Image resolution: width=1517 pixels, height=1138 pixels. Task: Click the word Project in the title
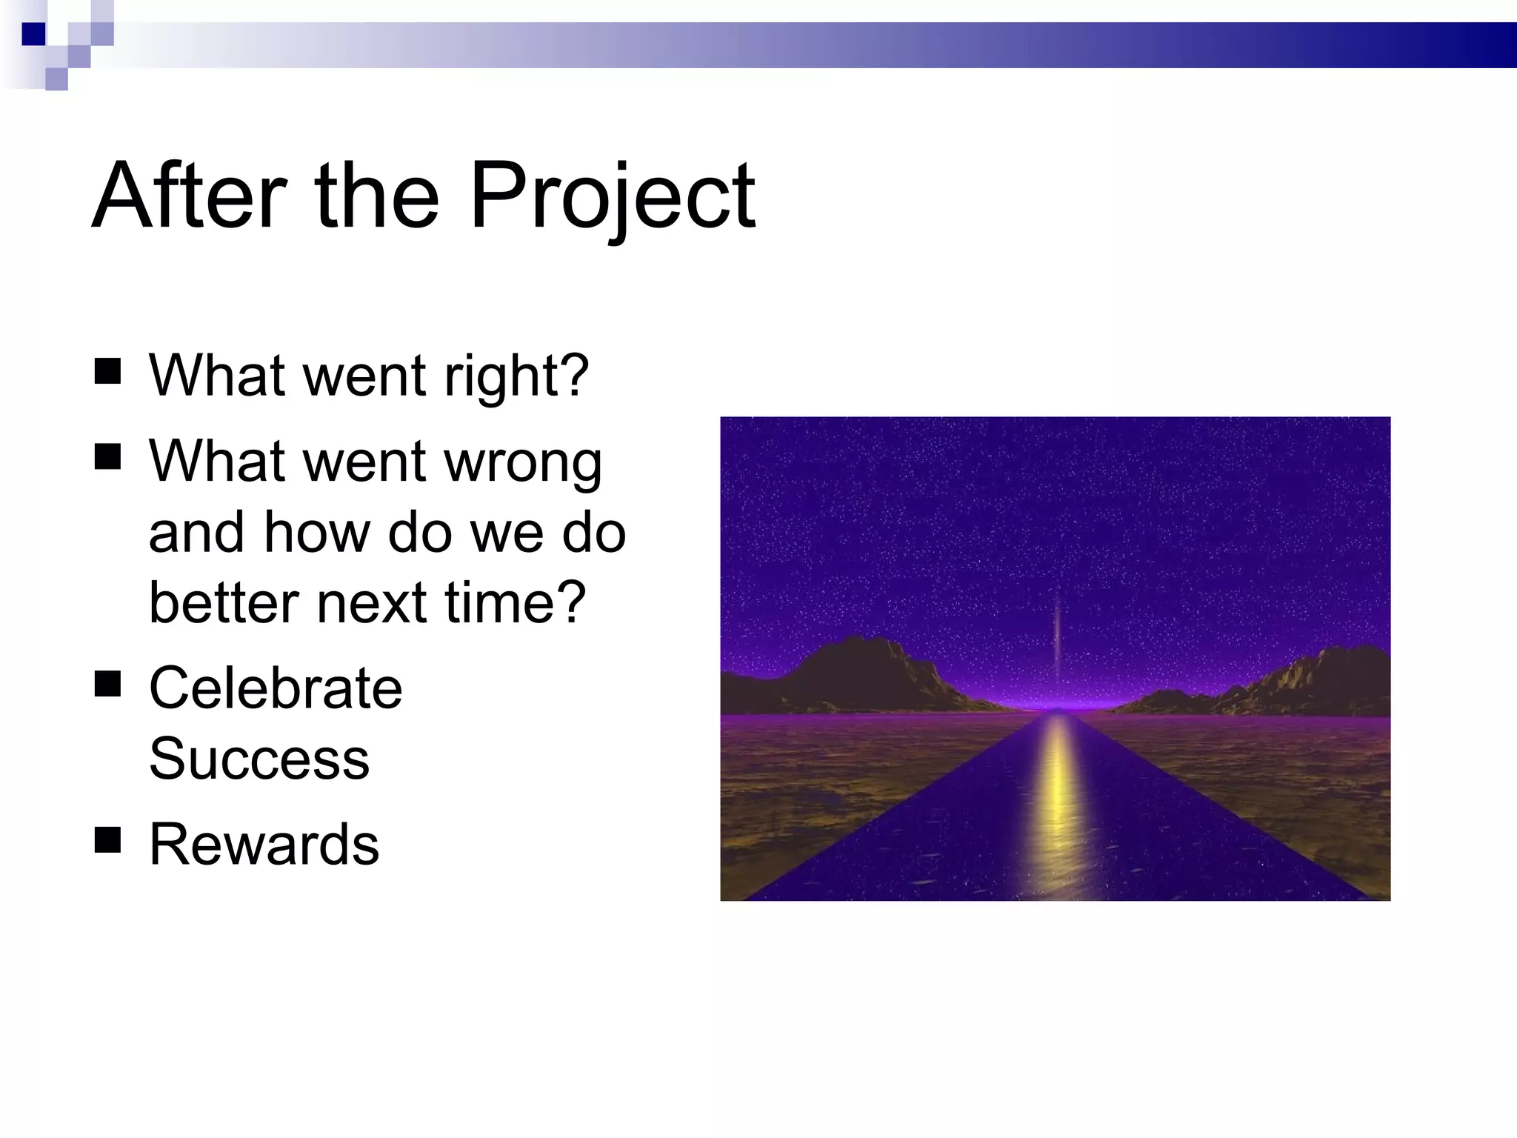point(612,197)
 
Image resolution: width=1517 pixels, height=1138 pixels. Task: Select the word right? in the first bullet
point(516,376)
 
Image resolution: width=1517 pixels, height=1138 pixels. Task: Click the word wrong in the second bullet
point(522,462)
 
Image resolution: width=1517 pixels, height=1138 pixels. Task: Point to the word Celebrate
point(276,688)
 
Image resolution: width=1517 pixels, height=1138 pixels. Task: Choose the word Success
point(259,759)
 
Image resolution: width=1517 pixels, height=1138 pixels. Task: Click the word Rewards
point(264,845)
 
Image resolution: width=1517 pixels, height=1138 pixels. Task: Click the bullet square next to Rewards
point(108,840)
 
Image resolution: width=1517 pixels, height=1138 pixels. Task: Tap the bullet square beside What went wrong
point(108,457)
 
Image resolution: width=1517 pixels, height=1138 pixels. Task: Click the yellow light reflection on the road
point(1058,800)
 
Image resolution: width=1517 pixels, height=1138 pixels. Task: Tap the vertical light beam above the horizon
point(1057,630)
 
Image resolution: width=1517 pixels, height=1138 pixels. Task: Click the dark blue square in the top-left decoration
point(33,33)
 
